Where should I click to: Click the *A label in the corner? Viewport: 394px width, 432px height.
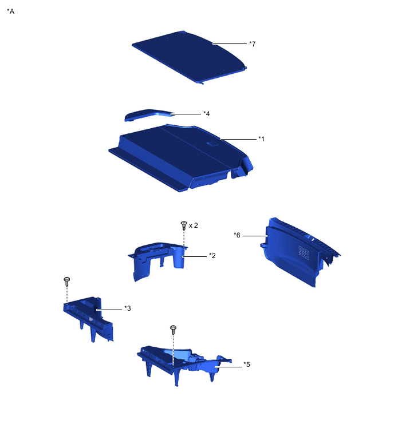tap(10, 11)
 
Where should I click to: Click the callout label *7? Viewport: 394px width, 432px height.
tap(252, 43)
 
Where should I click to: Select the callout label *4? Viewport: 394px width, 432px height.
tap(206, 114)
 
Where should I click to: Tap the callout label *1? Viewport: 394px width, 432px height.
tap(261, 138)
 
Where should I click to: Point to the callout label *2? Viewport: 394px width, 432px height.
tap(212, 255)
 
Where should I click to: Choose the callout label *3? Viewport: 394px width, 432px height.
tap(128, 308)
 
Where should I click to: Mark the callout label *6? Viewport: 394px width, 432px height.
tap(237, 235)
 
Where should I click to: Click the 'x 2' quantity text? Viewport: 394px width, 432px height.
tap(194, 225)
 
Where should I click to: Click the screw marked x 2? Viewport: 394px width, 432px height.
tap(184, 224)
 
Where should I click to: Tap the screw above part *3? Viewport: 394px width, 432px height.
tap(67, 281)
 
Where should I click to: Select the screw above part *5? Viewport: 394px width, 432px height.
tap(172, 329)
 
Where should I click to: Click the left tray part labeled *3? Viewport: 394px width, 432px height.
tap(89, 315)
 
